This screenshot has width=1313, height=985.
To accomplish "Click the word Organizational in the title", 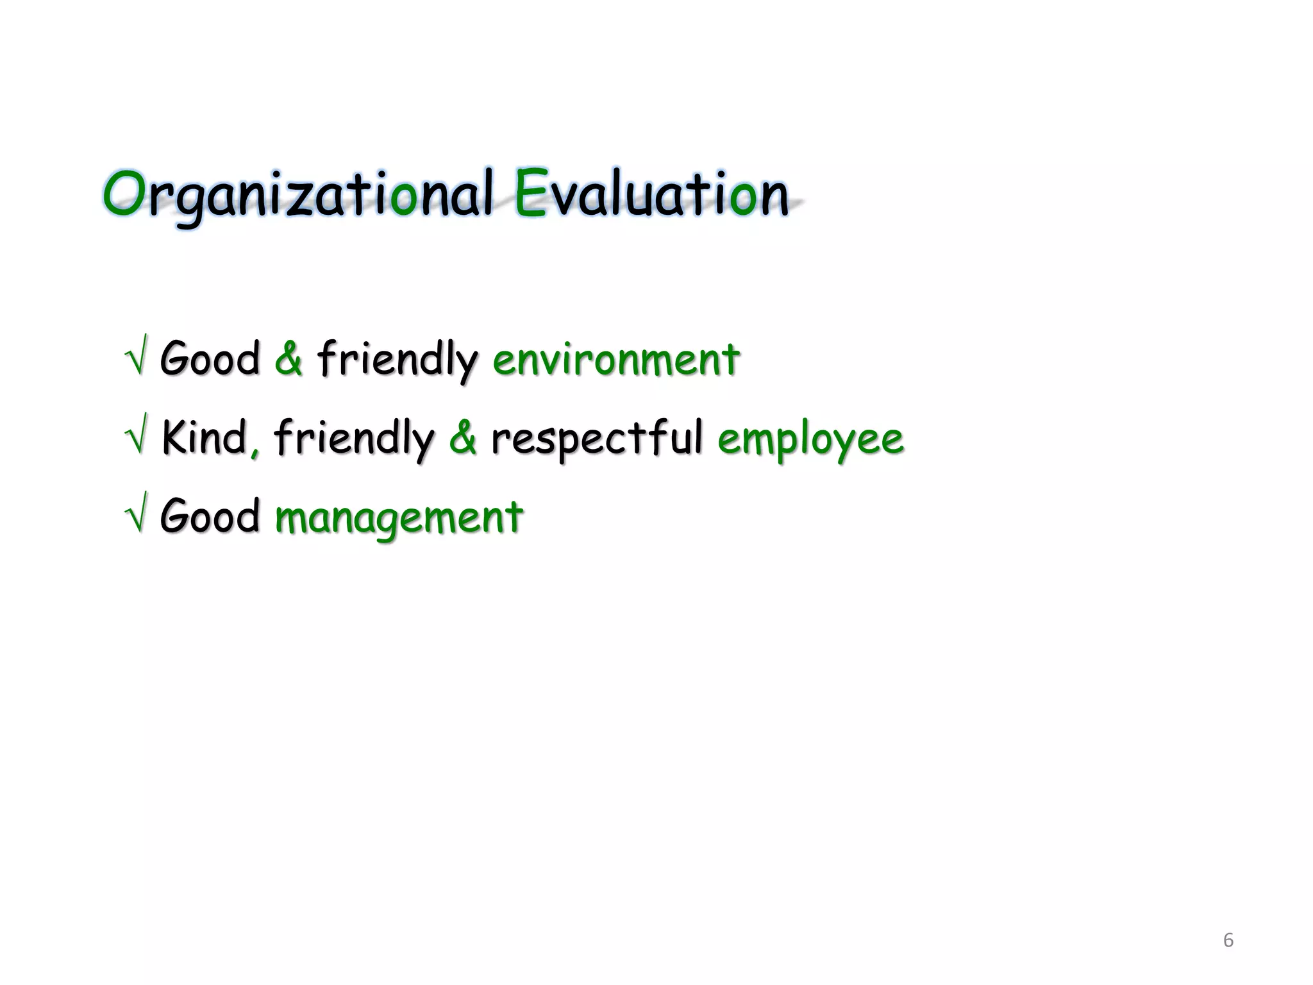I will click(x=298, y=194).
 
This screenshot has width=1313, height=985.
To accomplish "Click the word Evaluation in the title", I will click(x=651, y=194).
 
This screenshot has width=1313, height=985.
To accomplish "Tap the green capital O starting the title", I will click(x=124, y=193).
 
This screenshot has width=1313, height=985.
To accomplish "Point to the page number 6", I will click(x=1228, y=940).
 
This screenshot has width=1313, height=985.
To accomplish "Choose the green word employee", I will click(x=810, y=440).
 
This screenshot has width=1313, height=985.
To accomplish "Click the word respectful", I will click(x=596, y=439).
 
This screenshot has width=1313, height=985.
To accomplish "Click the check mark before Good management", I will click(x=137, y=514).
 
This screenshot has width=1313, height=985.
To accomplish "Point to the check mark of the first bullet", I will click(x=137, y=356).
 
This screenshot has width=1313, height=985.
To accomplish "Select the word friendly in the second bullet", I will click(x=354, y=439).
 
